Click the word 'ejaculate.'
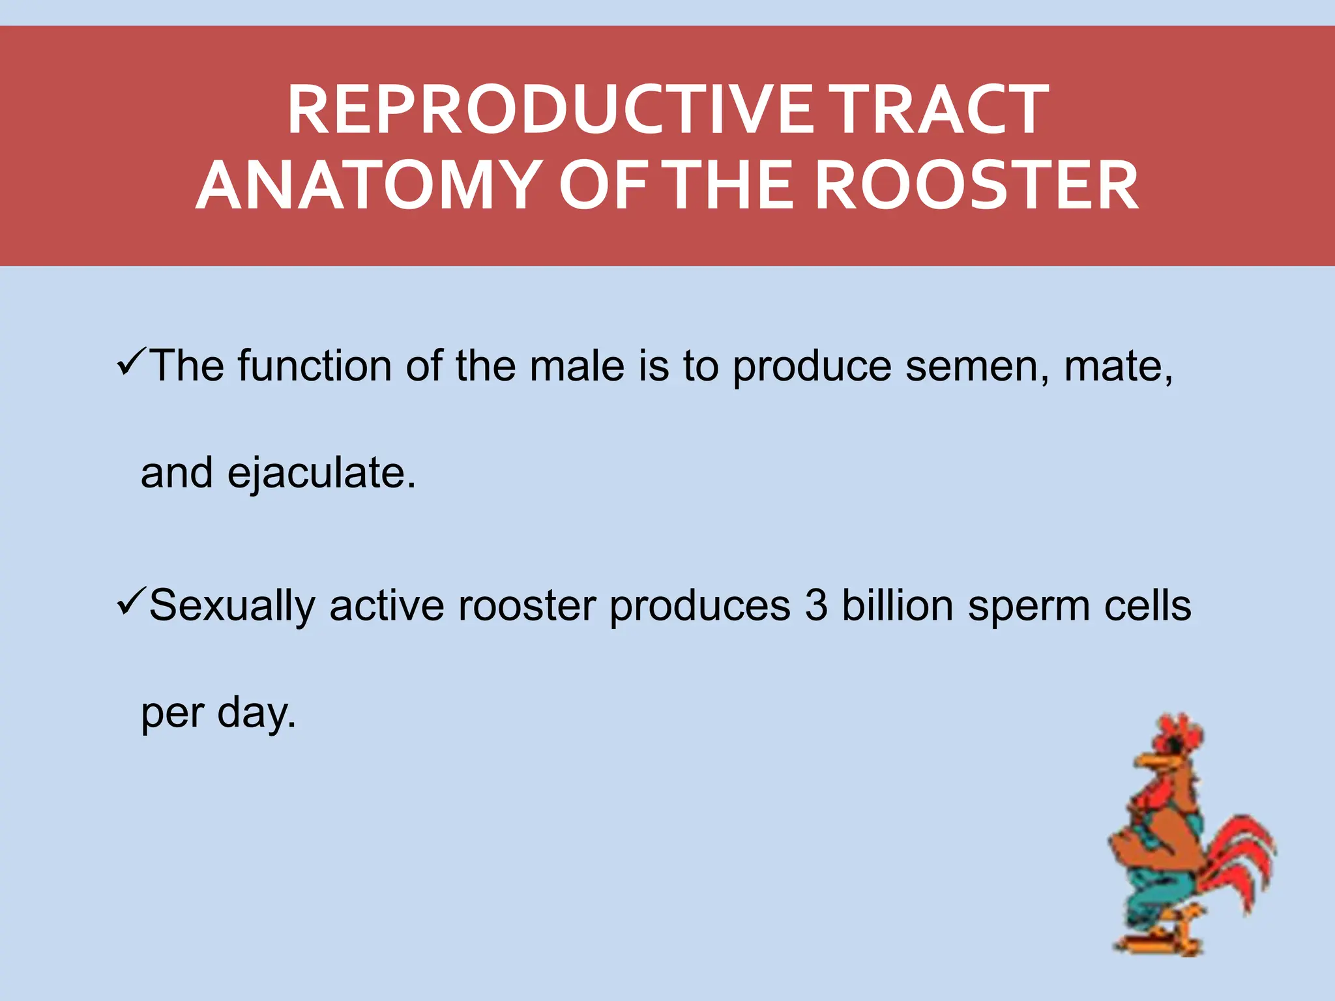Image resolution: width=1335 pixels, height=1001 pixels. point(321,474)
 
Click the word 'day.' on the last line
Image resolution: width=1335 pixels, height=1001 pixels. point(256,714)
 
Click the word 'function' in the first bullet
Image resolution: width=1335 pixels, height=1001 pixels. point(314,366)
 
